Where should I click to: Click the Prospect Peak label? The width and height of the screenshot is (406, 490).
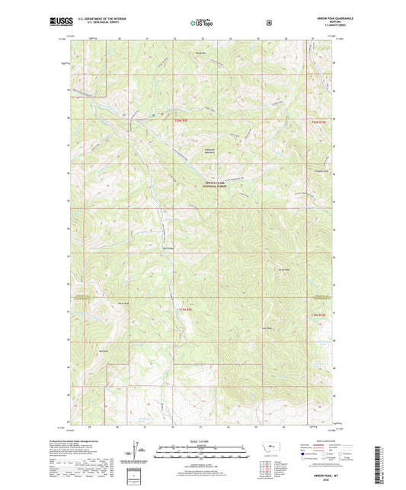pyautogui.click(x=320, y=170)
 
